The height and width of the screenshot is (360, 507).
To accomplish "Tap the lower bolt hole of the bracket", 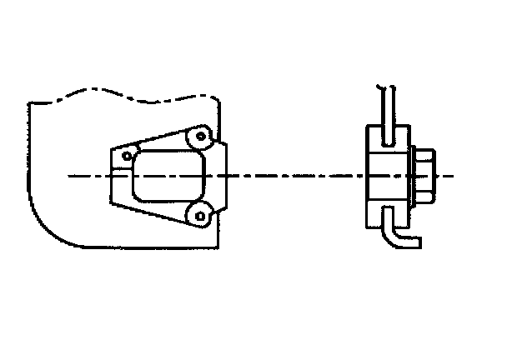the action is coord(198,216).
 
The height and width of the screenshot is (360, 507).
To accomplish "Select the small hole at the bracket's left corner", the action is coord(127,155).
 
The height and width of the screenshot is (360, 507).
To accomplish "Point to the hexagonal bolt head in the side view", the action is coord(423,176).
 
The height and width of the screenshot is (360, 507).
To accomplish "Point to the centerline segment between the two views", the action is coord(292,176).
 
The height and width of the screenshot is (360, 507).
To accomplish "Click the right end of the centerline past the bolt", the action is coord(450,176).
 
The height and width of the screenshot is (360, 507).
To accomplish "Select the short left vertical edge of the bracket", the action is coord(111,176).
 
